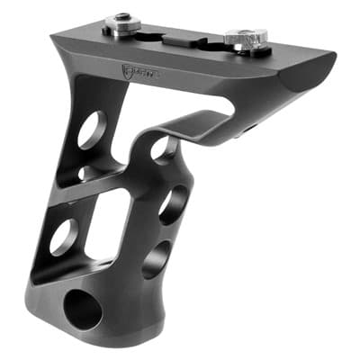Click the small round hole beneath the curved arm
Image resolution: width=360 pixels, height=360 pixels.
pyautogui.click(x=165, y=148)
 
